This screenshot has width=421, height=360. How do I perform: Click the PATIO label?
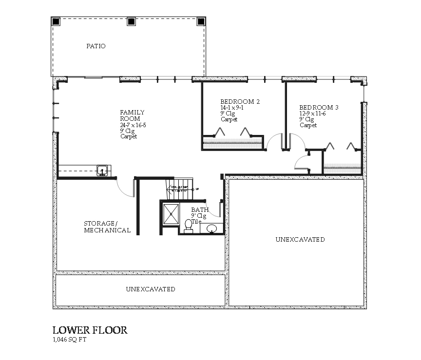[96, 46]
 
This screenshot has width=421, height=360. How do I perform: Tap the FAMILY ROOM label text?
[132, 115]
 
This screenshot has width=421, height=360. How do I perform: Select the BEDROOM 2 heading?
[240, 102]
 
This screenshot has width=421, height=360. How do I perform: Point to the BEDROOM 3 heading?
[319, 108]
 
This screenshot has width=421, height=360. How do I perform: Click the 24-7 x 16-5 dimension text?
[133, 125]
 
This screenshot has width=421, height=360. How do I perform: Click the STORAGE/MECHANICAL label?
[107, 227]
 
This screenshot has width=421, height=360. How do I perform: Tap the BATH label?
[200, 210]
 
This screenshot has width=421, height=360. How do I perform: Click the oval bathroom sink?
[212, 228]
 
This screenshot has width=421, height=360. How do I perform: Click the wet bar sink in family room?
[102, 171]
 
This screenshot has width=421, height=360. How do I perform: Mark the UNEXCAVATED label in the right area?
[300, 240]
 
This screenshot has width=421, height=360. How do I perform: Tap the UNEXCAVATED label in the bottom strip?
[150, 289]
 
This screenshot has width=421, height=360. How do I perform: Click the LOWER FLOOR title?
[90, 330]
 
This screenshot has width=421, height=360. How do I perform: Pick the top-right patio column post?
[201, 21]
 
